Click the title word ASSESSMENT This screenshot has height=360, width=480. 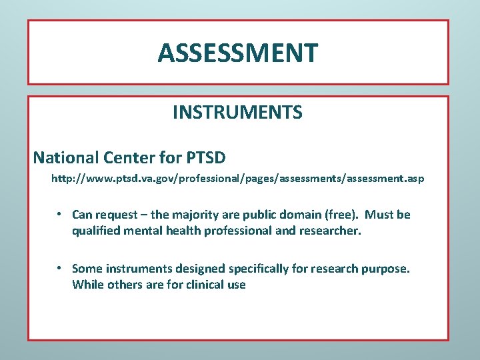(238, 53)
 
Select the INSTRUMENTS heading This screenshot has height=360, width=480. (237, 113)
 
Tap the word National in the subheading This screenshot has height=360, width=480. (66, 157)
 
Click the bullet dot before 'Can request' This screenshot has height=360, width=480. (59, 214)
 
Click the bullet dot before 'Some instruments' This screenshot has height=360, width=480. (59, 268)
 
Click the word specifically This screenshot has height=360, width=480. (260, 269)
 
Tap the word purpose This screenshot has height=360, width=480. (385, 269)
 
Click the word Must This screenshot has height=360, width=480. (380, 215)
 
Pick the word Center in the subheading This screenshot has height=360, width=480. (125, 157)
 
